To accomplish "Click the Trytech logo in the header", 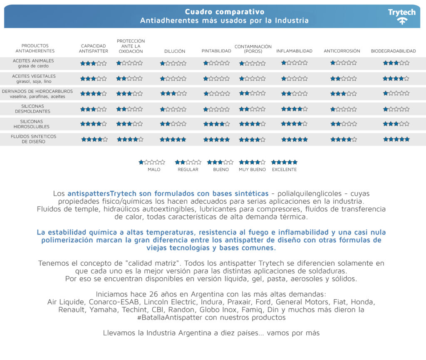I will (x=401, y=16).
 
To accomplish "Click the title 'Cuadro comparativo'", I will (x=224, y=12).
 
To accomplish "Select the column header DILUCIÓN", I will (x=175, y=51).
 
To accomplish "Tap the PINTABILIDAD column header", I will (x=216, y=51).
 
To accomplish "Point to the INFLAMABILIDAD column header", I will (x=294, y=51).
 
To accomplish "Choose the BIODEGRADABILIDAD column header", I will (x=393, y=51).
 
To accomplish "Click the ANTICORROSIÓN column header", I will (x=342, y=51).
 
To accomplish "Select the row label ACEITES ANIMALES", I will (x=33, y=61).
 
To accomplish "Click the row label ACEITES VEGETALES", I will (x=34, y=76).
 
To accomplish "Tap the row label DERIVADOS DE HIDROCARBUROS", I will (x=37, y=91).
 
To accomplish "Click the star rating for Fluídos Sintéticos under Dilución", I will (x=173, y=140).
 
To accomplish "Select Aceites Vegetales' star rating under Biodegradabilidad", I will (x=396, y=79).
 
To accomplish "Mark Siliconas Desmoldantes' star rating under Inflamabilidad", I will (x=294, y=109).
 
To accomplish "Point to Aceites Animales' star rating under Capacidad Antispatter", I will (x=94, y=64).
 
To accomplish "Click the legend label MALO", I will (x=154, y=170).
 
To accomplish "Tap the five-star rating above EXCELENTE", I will (x=285, y=162).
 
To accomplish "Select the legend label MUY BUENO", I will (x=252, y=170).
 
